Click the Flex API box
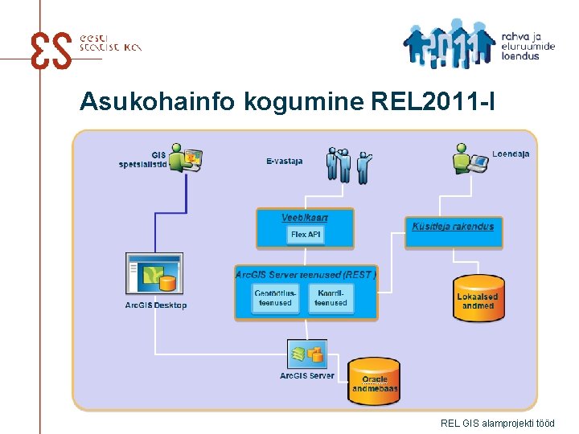click(305, 235)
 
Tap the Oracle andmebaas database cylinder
click(375, 380)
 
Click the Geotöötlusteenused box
click(275, 298)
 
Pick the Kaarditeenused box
click(331, 298)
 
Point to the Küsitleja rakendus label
click(453, 227)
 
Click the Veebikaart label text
click(305, 218)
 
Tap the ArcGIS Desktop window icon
click(155, 274)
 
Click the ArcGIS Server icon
click(307, 353)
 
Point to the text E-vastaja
click(284, 161)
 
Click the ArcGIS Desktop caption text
click(156, 305)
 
